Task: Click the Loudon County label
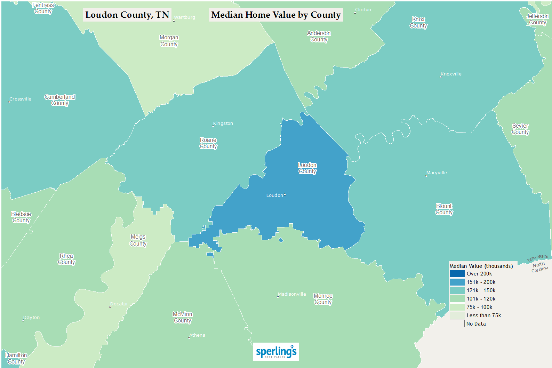(307, 168)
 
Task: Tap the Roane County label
(208, 143)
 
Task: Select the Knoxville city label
(451, 74)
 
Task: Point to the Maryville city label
(437, 173)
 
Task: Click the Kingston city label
(223, 123)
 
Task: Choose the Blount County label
(444, 209)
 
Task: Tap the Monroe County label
(323, 299)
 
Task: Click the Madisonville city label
(292, 294)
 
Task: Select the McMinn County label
(183, 317)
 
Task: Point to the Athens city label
(197, 335)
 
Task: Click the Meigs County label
(138, 240)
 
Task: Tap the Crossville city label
(20, 99)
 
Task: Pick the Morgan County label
(169, 41)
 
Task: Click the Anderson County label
(319, 36)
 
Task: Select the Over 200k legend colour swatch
(457, 274)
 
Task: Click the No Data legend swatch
(457, 324)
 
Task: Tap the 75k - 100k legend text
(479, 307)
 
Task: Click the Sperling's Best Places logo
(276, 352)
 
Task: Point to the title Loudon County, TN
(127, 15)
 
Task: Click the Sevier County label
(520, 129)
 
